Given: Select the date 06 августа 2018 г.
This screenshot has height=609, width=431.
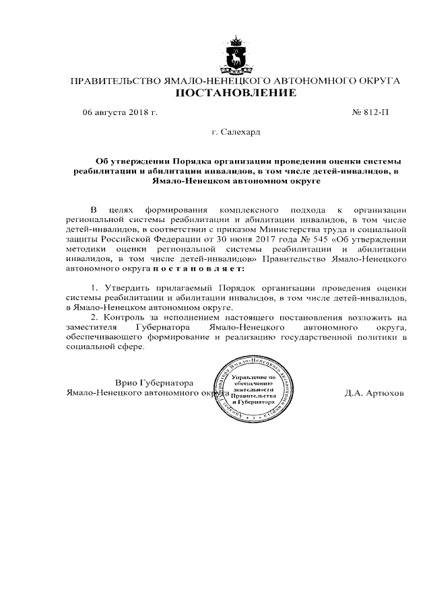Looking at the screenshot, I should (x=119, y=112).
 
